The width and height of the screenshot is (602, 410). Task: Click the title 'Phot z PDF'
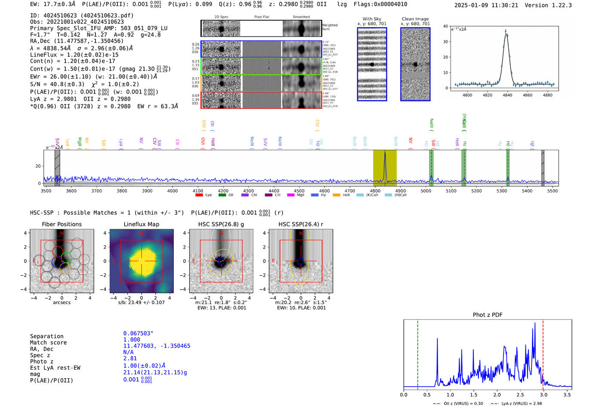[487, 314]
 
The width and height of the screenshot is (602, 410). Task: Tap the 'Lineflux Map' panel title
[141, 224]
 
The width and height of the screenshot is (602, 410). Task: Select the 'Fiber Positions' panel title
[61, 224]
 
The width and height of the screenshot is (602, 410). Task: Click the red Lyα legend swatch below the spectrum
[199, 195]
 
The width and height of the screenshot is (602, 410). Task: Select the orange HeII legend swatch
[336, 195]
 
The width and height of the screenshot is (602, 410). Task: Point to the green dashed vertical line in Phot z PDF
[418, 353]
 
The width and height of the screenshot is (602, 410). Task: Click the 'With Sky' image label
[372, 19]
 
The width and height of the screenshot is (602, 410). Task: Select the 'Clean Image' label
[415, 19]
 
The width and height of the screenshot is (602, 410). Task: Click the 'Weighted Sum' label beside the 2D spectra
[329, 27]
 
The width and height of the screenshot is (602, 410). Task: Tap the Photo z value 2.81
[130, 358]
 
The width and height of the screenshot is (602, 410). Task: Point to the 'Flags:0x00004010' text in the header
[380, 4]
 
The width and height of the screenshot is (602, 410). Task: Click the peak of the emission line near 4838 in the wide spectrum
[385, 153]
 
